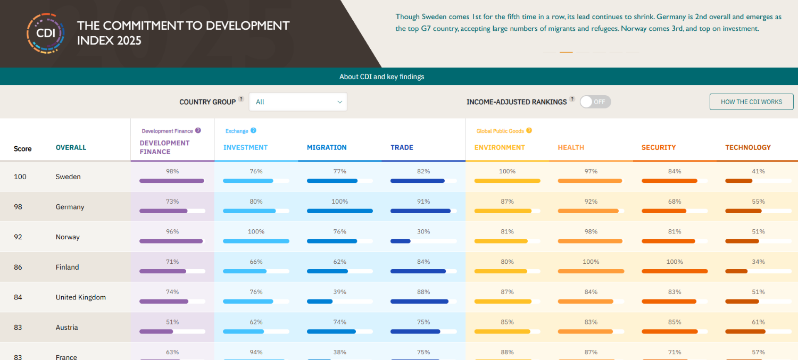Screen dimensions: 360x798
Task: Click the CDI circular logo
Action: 46,33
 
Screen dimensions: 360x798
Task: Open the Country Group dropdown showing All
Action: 298,102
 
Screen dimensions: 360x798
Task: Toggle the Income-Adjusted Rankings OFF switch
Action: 595,102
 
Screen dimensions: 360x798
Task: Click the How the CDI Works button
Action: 751,102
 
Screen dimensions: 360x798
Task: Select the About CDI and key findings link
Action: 382,77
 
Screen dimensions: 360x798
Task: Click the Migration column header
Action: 327,147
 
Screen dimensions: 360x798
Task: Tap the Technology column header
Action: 747,147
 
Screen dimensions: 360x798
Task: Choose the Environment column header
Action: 500,147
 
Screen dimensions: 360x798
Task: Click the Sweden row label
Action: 68,177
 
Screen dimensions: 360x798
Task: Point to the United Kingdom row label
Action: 81,297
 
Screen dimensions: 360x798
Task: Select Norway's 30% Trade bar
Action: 401,241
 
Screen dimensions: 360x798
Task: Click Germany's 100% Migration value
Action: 339,202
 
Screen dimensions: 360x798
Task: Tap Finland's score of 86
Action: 18,267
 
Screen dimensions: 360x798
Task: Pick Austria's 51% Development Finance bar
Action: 156,331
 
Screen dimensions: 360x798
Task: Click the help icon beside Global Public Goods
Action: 529,130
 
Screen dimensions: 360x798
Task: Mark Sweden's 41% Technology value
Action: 758,171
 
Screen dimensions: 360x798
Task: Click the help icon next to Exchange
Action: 253,130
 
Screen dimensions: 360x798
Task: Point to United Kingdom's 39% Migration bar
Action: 320,302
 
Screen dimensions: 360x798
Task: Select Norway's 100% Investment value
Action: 256,232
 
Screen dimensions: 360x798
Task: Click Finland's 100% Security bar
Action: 675,271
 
